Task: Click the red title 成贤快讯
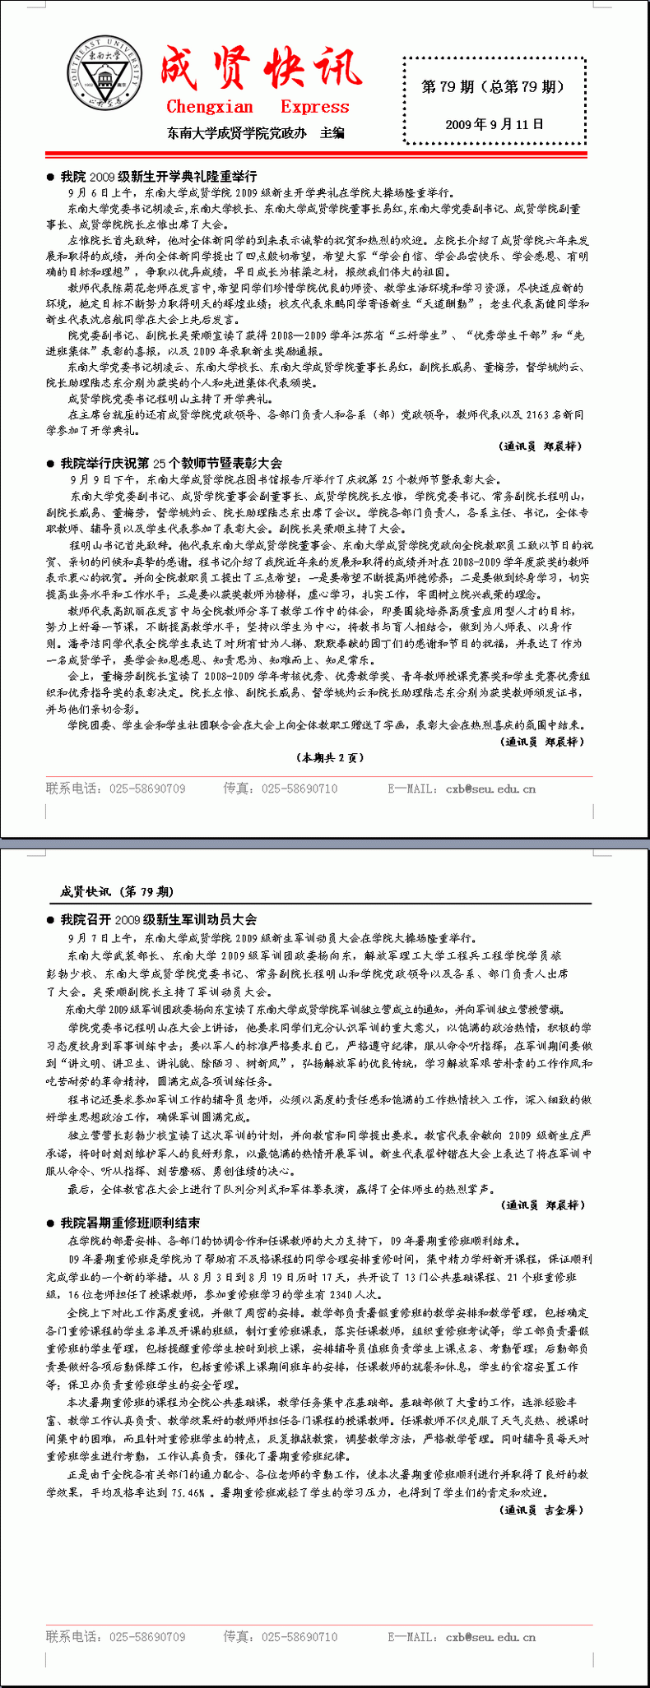point(260,69)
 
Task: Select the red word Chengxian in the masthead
point(210,107)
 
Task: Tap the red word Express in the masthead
point(314,107)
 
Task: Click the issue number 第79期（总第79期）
point(493,86)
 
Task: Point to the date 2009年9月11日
point(494,124)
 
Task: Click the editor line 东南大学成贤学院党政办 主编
point(255,132)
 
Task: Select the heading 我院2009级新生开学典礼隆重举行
point(158,176)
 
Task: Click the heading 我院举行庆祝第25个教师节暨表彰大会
point(170,463)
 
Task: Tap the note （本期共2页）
point(329,757)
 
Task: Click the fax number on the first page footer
point(299,789)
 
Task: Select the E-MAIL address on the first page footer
point(490,789)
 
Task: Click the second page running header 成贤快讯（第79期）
point(117,891)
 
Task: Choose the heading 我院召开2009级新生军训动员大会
point(158,919)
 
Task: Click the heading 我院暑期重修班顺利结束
point(129,1223)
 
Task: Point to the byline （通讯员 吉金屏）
point(542,1510)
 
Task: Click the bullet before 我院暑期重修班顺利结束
point(51,1223)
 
